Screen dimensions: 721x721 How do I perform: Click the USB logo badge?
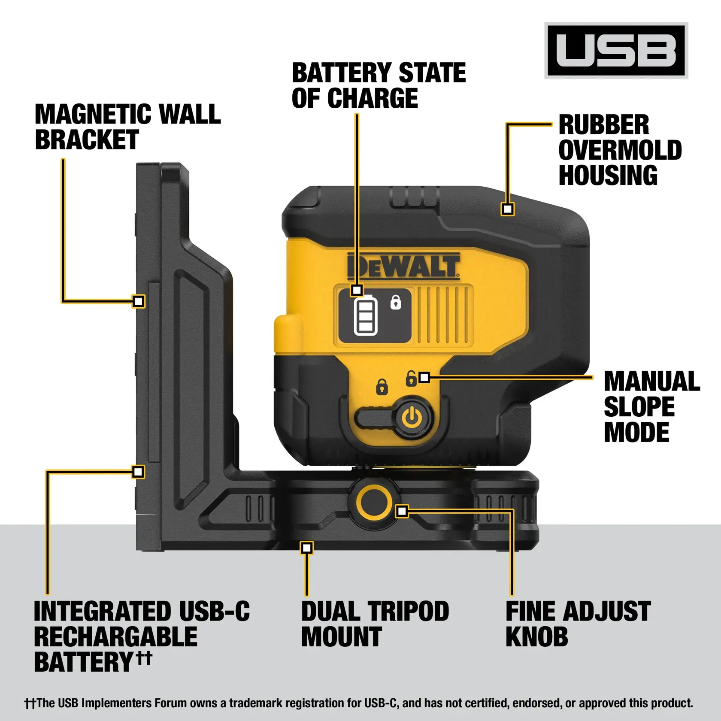point(616,51)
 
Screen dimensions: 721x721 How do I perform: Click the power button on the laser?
point(412,417)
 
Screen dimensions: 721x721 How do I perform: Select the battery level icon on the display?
point(365,317)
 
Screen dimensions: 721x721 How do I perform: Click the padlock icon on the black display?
point(396,303)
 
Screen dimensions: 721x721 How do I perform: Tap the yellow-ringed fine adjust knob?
point(374,502)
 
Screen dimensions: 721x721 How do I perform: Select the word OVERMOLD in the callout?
point(620,150)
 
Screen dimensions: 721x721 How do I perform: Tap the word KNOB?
point(536,637)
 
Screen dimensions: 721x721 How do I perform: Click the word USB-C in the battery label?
point(214,612)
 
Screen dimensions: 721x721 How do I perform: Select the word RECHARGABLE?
point(115,637)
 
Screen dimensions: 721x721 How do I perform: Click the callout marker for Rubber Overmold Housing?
point(508,209)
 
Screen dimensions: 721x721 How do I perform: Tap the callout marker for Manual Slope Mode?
point(424,378)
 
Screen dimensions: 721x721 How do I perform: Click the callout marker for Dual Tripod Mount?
point(306,548)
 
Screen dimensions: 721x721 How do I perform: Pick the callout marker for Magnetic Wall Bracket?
point(138,301)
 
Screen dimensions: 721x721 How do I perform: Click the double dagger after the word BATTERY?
point(144,658)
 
